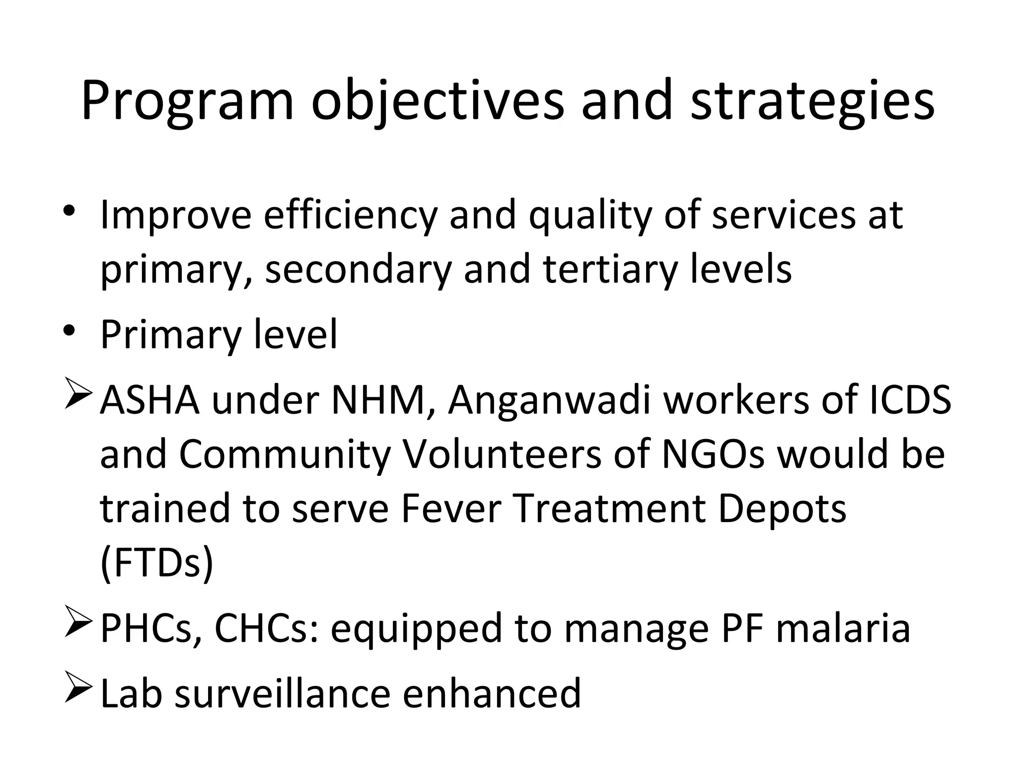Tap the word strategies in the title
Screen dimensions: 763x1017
click(812, 102)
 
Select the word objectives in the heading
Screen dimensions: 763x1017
click(437, 102)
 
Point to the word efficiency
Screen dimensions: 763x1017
click(350, 216)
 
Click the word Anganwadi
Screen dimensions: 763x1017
click(549, 400)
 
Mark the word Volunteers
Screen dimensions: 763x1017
click(502, 455)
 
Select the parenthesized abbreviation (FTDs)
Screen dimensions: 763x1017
click(157, 563)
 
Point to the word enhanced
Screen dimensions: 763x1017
click(491, 693)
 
